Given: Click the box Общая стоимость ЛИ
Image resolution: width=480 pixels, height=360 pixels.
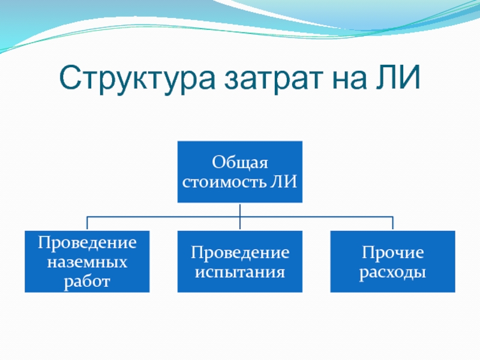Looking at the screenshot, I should tap(239, 172).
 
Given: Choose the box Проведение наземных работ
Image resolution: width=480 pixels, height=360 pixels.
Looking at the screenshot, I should tap(87, 261).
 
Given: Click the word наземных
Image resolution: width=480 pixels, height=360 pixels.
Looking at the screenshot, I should tap(87, 262).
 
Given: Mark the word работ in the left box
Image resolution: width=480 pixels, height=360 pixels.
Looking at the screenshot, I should tap(87, 280).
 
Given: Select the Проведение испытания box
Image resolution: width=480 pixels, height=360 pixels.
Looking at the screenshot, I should tap(239, 261).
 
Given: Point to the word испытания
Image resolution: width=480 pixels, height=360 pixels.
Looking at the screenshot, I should tap(239, 272).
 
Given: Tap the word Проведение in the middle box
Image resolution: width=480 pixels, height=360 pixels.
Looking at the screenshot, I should tap(239, 253).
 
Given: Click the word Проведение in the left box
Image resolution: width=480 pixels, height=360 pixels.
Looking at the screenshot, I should tap(87, 244).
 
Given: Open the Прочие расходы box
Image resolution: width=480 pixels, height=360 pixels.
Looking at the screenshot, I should tap(392, 261).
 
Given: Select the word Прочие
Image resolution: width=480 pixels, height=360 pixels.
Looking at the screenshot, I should tap(392, 253).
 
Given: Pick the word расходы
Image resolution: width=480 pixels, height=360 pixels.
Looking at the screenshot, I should tap(392, 272).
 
